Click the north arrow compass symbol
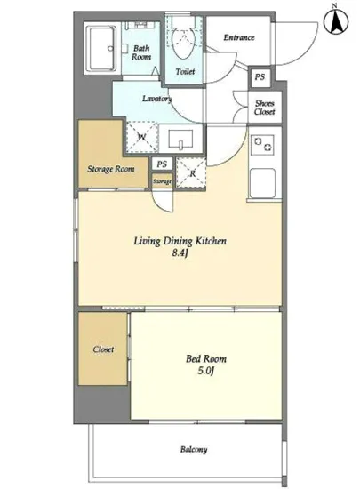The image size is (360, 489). (336, 22)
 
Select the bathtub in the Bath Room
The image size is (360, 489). (101, 49)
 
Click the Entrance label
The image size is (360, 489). (239, 37)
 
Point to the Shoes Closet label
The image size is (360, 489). (265, 108)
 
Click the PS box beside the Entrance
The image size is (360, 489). (260, 76)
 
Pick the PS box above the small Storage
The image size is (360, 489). (162, 164)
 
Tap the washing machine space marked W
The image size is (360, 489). (142, 137)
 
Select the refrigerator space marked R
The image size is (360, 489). (191, 173)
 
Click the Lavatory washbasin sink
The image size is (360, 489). (180, 139)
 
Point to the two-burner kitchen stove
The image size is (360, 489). (262, 145)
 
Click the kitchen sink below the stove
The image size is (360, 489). (262, 183)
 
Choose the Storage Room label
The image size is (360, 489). (111, 169)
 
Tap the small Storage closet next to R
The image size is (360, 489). (162, 181)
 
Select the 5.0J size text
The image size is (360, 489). (205, 371)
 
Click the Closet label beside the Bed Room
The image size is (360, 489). (103, 349)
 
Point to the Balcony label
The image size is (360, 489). (194, 450)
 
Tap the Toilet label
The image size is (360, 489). (185, 71)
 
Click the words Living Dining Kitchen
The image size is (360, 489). (180, 241)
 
